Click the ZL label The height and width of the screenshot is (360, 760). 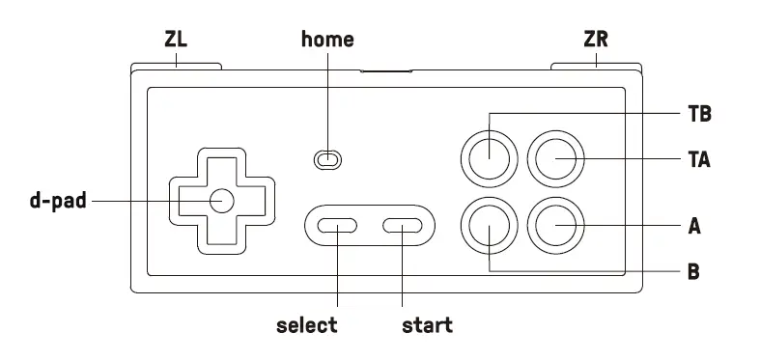pyautogui.click(x=176, y=40)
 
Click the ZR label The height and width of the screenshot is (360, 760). pyautogui.click(x=596, y=40)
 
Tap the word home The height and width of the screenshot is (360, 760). pyautogui.click(x=327, y=40)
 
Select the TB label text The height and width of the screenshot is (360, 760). pyautogui.click(x=699, y=114)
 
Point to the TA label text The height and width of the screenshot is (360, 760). pyautogui.click(x=699, y=158)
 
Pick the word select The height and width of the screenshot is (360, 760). pyautogui.click(x=307, y=325)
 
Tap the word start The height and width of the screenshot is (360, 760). pyautogui.click(x=427, y=325)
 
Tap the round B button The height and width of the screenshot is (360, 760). pyautogui.click(x=489, y=227)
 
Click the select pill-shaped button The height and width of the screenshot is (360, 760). pyautogui.click(x=338, y=227)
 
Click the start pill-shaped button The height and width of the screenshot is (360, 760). pyautogui.click(x=403, y=227)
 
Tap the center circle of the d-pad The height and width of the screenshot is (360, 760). pyautogui.click(x=221, y=201)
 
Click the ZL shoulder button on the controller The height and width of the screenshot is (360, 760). pyautogui.click(x=176, y=68)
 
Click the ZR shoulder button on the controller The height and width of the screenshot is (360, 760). pyautogui.click(x=595, y=68)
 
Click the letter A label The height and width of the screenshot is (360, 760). pyautogui.click(x=693, y=228)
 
